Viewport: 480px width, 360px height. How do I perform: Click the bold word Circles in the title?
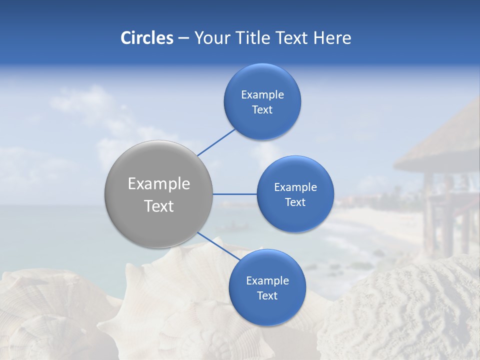pos(146,38)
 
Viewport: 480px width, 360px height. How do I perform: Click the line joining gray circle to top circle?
pos(216,142)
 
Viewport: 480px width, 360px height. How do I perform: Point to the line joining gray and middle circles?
pos(234,194)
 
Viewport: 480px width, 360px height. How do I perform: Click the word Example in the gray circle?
pos(159,184)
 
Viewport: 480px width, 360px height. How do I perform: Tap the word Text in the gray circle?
pos(159,206)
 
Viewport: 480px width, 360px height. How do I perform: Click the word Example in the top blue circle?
pos(262,95)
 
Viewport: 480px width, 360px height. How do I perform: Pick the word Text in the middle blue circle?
pos(295,202)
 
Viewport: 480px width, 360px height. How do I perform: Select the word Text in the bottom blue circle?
pos(267,296)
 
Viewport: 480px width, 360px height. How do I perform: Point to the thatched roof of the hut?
pos(440,145)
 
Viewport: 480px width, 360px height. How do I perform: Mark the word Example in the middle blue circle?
pos(295,187)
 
